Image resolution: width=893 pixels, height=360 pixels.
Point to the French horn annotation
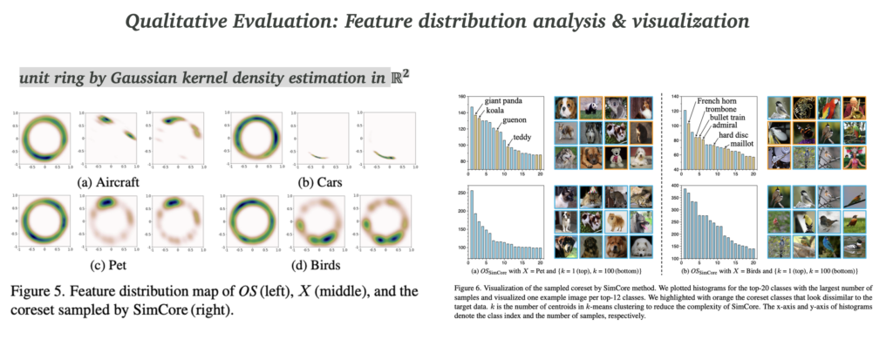pos(717,99)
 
